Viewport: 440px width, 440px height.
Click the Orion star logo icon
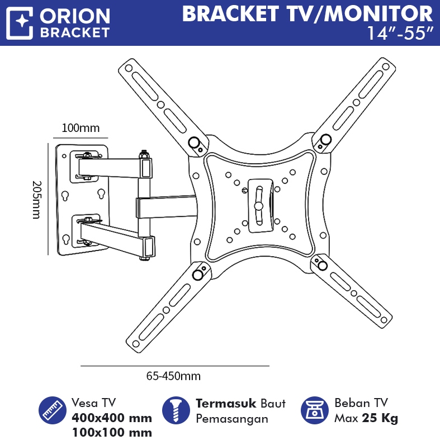click(x=21, y=22)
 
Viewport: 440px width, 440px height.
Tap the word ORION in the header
click(x=74, y=16)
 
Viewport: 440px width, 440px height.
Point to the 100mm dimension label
click(x=81, y=128)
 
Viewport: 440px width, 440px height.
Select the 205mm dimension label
click(x=37, y=199)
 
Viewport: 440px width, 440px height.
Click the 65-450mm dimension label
click(x=173, y=376)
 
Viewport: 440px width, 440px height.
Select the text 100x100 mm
click(x=112, y=432)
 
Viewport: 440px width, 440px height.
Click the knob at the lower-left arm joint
click(x=198, y=275)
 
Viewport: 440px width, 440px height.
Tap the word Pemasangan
click(x=232, y=419)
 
